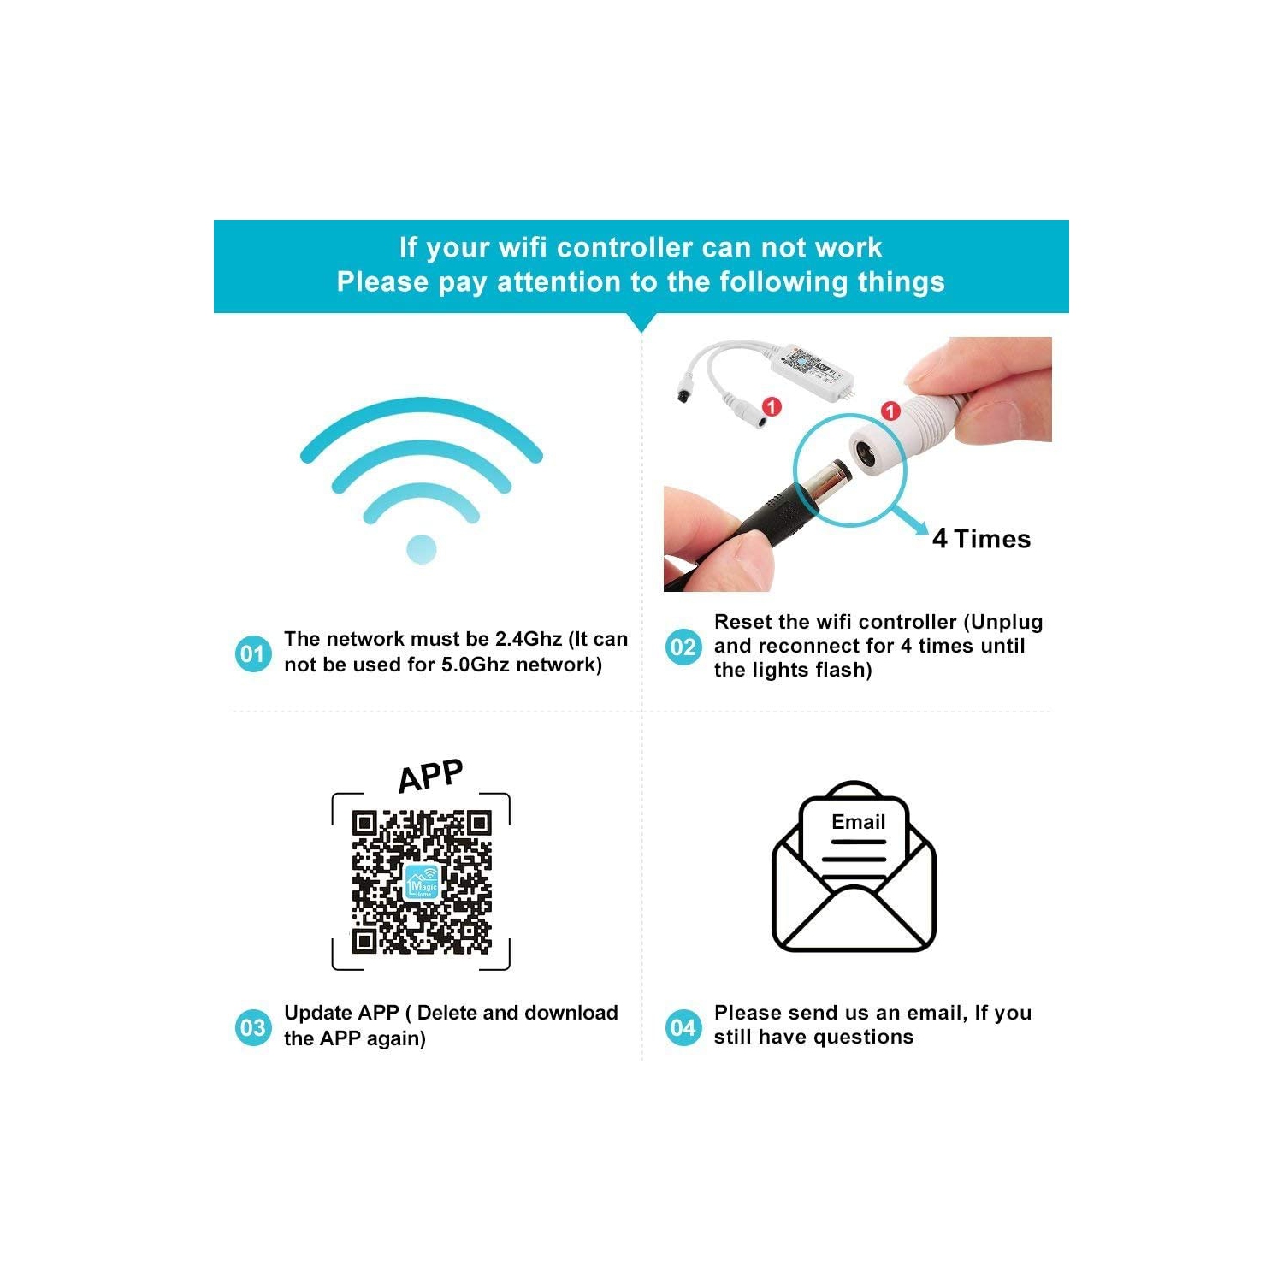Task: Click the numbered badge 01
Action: [252, 653]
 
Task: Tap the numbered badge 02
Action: [683, 647]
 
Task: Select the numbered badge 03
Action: [252, 1026]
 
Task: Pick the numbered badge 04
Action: [683, 1026]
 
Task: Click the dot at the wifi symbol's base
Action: [422, 549]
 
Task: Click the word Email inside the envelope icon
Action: [858, 822]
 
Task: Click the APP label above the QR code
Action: [431, 776]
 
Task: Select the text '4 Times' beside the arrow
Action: [981, 539]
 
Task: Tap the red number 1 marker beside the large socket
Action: [890, 411]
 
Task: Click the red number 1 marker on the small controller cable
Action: [772, 406]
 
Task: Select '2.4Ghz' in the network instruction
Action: [528, 639]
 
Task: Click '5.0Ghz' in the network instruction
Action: [475, 665]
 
